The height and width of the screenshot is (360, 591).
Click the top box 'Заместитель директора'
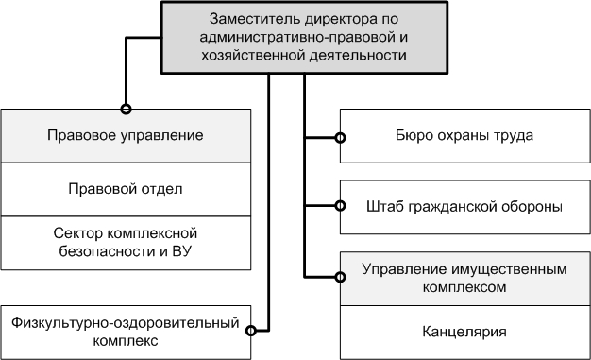click(x=303, y=38)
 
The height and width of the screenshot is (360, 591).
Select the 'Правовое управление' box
click(x=127, y=136)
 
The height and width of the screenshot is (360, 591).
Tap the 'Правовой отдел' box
click(x=127, y=189)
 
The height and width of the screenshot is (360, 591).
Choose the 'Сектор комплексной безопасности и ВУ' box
click(x=127, y=241)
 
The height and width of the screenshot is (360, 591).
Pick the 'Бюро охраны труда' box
click(x=464, y=136)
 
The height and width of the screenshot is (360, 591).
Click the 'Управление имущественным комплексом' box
click(x=464, y=276)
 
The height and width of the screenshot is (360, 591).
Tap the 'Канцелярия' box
click(x=464, y=332)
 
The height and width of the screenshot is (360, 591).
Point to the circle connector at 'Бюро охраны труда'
click(x=340, y=137)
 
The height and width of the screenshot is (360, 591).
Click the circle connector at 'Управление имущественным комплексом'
click(x=340, y=276)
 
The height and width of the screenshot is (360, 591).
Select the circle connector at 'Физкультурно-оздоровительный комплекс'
click(x=252, y=330)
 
